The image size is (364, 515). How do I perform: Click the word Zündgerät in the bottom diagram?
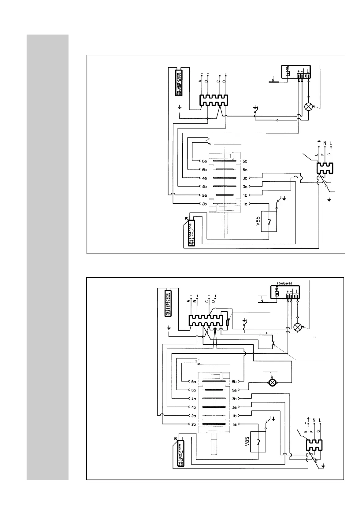click(284, 283)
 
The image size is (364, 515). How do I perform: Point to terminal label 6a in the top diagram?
click(204, 161)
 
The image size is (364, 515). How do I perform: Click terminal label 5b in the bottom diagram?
click(235, 381)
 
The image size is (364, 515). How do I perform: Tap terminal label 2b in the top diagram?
click(204, 204)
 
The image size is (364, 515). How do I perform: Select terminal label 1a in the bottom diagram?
click(235, 424)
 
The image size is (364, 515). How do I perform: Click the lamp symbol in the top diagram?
click(308, 107)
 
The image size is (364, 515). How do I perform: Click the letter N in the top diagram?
click(325, 143)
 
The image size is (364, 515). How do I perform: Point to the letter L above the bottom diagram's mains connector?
click(320, 421)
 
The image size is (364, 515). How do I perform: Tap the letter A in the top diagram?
click(200, 81)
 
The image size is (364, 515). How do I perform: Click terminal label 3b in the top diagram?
click(245, 178)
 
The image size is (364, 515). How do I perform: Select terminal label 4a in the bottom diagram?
click(194, 398)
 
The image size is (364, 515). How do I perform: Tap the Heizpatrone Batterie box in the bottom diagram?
click(167, 304)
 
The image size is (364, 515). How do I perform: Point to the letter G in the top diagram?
click(329, 155)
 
